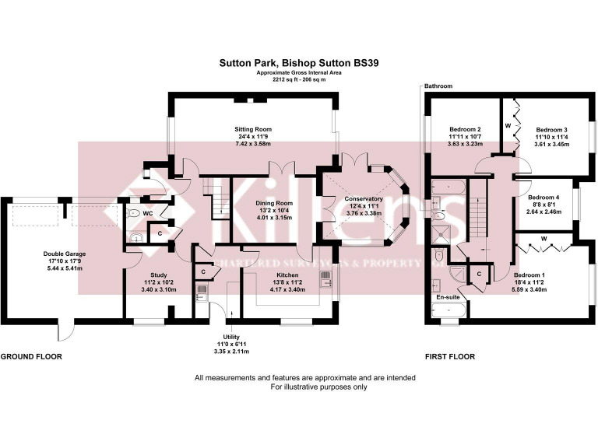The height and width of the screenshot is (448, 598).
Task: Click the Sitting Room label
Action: [x=253, y=128]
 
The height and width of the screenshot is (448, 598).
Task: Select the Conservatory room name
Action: [x=361, y=199]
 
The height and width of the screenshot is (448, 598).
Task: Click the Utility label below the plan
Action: [x=232, y=336]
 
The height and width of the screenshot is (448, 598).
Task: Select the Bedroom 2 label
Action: [x=465, y=129]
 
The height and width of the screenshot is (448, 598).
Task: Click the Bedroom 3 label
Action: [x=551, y=129]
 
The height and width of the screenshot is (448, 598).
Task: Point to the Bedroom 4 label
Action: [x=543, y=197]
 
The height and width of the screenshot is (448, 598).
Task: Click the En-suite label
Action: [x=446, y=297]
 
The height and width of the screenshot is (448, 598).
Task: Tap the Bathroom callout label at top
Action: [x=438, y=86]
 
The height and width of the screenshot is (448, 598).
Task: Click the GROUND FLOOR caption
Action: [x=31, y=357]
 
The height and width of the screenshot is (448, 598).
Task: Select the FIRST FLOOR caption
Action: [x=449, y=357]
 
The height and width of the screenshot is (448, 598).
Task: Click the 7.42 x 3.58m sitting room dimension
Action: [x=253, y=145]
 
